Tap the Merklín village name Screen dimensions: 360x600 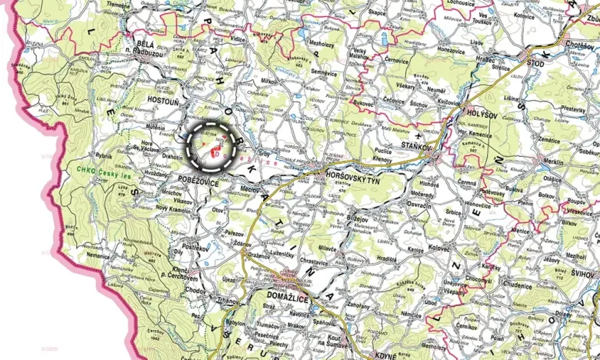[552, 161]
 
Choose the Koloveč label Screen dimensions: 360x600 [441, 248]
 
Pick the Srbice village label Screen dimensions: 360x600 [453, 210]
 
